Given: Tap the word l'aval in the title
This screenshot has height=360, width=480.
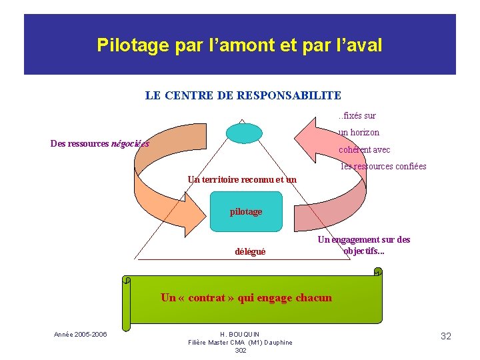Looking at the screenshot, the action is tap(360, 45).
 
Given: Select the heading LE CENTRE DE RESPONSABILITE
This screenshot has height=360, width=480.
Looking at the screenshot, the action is tap(243, 95).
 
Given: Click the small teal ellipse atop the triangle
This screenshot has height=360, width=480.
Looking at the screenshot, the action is tap(244, 133).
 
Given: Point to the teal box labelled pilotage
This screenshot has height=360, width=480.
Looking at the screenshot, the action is tap(246, 211).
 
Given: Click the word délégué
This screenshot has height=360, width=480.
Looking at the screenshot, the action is tap(250, 251).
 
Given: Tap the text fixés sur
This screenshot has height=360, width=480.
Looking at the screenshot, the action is tap(359, 116).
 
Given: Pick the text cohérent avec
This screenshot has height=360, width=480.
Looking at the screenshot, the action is tap(365, 149).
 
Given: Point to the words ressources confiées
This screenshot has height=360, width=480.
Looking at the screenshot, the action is tap(389, 167).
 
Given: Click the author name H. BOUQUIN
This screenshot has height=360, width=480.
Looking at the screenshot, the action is tap(240, 334).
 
